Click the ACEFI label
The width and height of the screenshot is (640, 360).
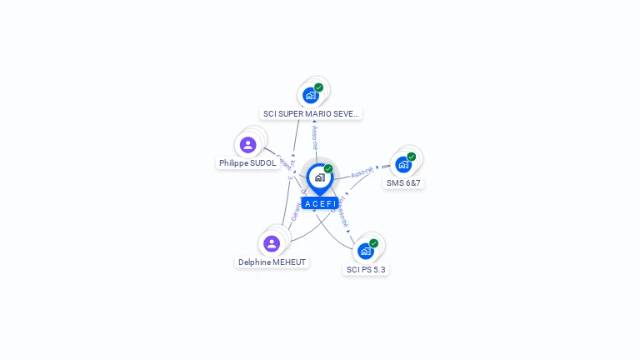(320, 203)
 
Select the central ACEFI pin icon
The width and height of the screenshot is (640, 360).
(319, 177)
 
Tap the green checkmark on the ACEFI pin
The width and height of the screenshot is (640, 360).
(328, 169)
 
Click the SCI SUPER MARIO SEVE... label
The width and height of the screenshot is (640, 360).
(311, 113)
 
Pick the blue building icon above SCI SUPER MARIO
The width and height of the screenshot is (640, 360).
(311, 95)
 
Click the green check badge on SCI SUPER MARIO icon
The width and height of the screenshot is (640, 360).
(318, 87)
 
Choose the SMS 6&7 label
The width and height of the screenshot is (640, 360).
(403, 182)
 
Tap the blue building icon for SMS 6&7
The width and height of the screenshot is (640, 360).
(403, 164)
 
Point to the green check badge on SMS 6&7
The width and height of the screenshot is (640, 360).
(411, 157)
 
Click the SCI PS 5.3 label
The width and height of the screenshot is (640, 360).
(367, 269)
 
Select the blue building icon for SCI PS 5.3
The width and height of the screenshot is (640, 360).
(365, 251)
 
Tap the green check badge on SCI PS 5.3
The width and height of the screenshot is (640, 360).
(373, 243)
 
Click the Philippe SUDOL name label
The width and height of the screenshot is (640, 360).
(247, 163)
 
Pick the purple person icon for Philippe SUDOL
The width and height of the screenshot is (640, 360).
(247, 145)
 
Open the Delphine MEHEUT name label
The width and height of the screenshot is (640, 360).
(272, 262)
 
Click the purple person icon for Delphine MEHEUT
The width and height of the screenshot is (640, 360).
(272, 243)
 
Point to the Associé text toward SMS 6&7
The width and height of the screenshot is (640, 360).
(362, 172)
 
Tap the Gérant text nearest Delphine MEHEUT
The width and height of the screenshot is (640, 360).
(295, 212)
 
